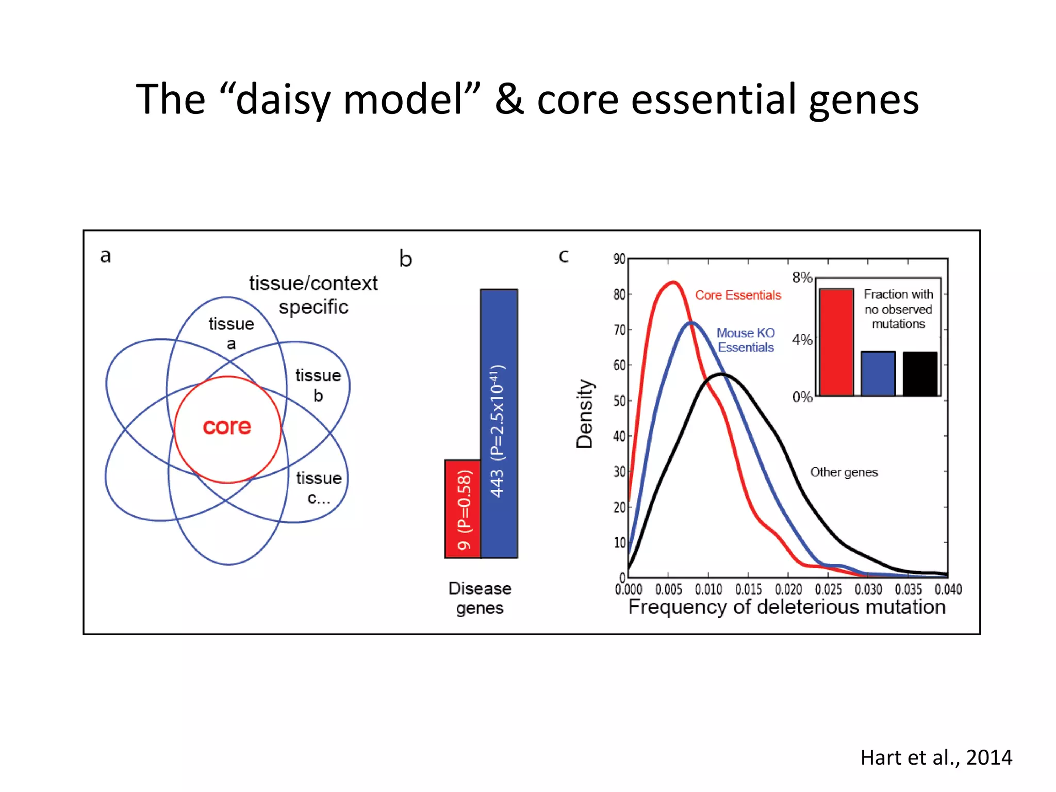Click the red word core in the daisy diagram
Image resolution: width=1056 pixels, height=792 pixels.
[227, 427]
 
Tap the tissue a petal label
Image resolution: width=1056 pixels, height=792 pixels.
[231, 333]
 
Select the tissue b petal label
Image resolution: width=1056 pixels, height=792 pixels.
[318, 385]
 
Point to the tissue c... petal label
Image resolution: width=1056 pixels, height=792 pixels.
[319, 488]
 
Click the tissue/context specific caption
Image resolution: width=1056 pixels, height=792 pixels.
[313, 295]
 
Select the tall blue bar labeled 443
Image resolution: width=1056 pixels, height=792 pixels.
[499, 423]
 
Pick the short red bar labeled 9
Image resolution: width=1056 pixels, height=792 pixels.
[463, 508]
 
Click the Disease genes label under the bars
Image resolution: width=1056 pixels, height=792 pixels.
[480, 598]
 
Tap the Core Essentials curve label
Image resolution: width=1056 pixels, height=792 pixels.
[738, 295]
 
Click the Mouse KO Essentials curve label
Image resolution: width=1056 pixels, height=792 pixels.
[746, 340]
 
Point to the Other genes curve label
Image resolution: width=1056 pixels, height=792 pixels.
[844, 472]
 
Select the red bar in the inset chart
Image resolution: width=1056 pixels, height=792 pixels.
[836, 342]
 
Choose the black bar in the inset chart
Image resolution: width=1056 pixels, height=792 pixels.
[920, 374]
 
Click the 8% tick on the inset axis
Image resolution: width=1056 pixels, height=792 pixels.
[802, 278]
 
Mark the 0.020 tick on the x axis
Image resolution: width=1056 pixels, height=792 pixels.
[788, 589]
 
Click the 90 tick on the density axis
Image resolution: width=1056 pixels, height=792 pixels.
[619, 259]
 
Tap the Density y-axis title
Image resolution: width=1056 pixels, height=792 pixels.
[585, 414]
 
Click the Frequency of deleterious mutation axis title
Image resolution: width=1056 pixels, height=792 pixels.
[787, 607]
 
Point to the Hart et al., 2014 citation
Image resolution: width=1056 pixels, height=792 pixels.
[936, 757]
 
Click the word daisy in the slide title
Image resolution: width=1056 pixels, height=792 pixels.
[282, 100]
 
